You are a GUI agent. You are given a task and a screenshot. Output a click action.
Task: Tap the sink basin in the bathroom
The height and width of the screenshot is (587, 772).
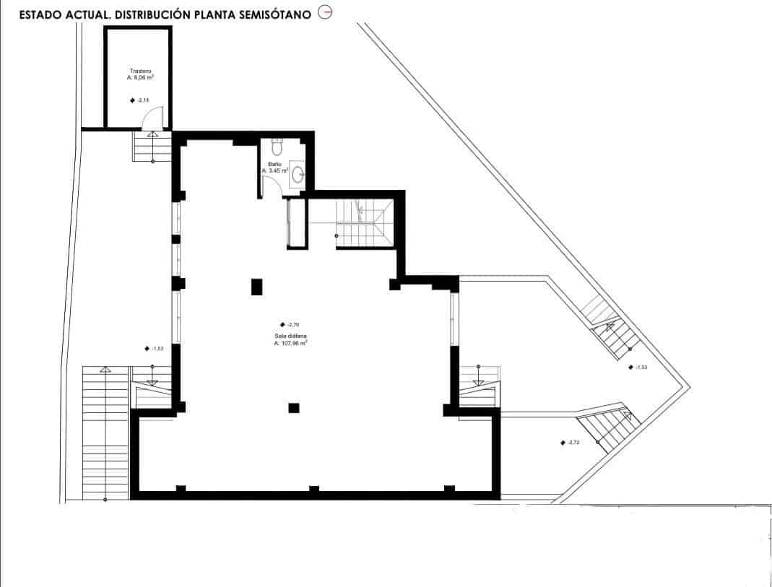point(299,173)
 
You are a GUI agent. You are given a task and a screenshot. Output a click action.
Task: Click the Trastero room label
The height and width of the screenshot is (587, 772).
point(140,71)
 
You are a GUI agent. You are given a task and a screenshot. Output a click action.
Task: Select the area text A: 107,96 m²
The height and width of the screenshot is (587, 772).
point(291,344)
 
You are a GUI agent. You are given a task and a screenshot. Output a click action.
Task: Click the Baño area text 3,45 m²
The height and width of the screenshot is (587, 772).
point(275,171)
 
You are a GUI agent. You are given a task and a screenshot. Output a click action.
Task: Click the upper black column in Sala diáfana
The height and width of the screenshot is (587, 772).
point(256,287)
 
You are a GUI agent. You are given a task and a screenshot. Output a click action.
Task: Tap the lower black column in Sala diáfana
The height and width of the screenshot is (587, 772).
point(293,408)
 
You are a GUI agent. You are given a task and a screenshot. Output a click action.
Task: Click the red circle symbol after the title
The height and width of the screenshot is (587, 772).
point(325,14)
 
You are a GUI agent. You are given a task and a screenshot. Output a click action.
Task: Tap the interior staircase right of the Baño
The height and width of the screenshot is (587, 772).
point(363,223)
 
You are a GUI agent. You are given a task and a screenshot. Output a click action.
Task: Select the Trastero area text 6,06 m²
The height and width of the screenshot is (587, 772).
point(140,77)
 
